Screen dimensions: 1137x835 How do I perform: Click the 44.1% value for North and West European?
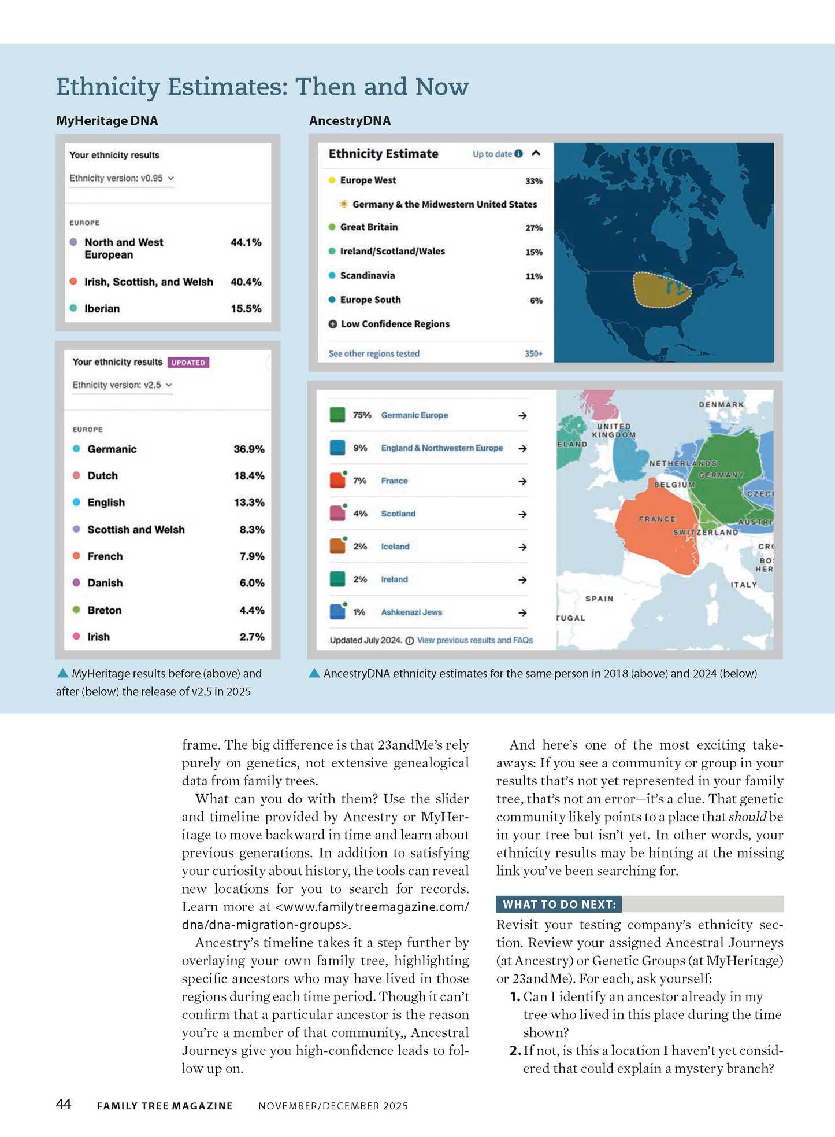(x=246, y=242)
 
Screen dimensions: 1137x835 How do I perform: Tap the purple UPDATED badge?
(x=188, y=363)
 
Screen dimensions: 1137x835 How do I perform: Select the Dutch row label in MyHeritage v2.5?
(x=102, y=476)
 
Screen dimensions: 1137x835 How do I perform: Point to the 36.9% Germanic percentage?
(x=249, y=449)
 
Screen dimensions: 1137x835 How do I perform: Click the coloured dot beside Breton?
(x=76, y=610)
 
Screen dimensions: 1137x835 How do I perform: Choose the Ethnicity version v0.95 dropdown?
(x=121, y=178)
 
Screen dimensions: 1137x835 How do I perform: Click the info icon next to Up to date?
(x=518, y=154)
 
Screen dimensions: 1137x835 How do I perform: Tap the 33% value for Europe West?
(x=533, y=181)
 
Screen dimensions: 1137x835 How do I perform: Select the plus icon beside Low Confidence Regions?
(x=333, y=324)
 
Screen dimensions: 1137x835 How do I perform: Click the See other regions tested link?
(x=374, y=353)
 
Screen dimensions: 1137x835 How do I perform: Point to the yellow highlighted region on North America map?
(x=662, y=289)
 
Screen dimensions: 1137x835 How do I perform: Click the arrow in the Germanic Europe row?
(x=522, y=415)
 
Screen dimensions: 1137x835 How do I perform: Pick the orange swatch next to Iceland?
(x=337, y=547)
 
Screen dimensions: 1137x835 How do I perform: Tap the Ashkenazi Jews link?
(x=411, y=612)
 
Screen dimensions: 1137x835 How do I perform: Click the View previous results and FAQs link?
(x=475, y=640)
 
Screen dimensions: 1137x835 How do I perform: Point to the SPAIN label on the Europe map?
(x=599, y=599)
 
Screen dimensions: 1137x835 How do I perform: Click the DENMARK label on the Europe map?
(x=721, y=404)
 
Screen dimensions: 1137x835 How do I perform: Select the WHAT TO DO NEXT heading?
(x=559, y=904)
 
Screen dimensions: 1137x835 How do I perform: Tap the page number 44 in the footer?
(x=64, y=1104)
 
